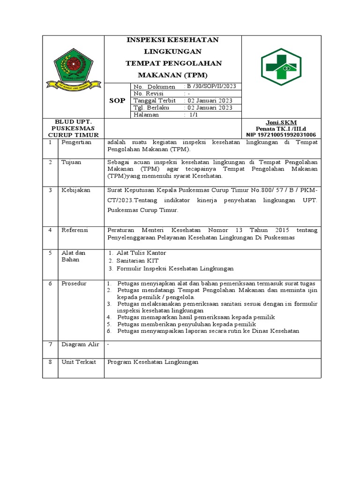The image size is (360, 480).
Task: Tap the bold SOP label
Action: pyautogui.click(x=117, y=100)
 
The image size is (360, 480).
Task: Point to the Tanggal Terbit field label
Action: pyautogui.click(x=155, y=100)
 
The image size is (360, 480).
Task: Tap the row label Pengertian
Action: pyautogui.click(x=76, y=142)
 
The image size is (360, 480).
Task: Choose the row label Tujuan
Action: pyautogui.click(x=71, y=162)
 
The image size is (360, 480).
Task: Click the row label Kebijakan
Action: pyautogui.click(x=76, y=190)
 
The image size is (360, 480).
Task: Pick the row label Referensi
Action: pyautogui.click(x=75, y=230)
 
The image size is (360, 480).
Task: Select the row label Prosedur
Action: pyautogui.click(x=75, y=284)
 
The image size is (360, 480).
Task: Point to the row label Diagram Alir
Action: pyautogui.click(x=80, y=345)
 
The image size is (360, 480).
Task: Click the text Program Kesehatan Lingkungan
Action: pyautogui.click(x=153, y=362)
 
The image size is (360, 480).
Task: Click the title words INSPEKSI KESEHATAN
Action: pyautogui.click(x=172, y=40)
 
